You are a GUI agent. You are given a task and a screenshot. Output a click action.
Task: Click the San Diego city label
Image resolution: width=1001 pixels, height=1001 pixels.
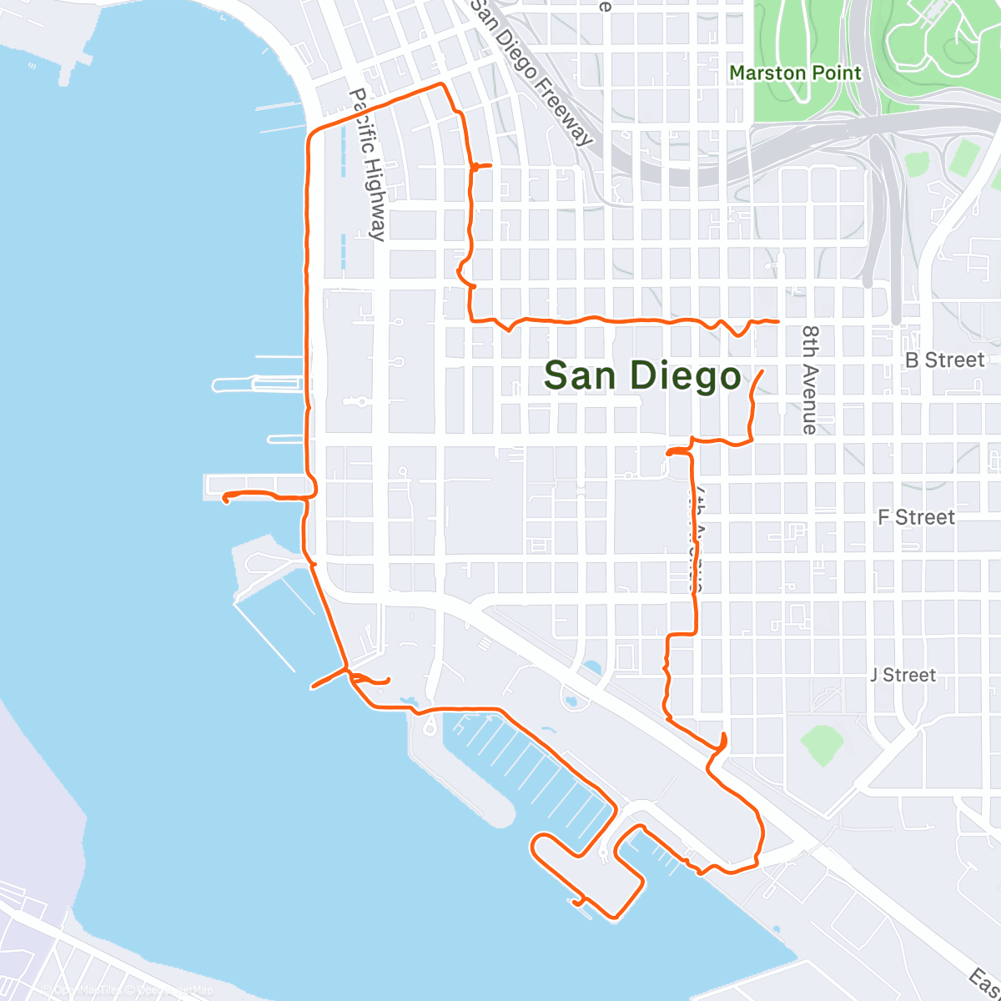(x=642, y=376)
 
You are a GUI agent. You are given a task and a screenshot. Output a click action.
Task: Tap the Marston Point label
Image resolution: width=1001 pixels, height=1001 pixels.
(x=795, y=73)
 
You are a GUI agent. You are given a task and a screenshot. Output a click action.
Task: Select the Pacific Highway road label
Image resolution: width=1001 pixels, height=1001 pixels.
(x=368, y=164)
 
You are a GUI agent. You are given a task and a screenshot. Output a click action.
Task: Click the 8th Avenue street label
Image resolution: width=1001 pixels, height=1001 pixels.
(x=810, y=380)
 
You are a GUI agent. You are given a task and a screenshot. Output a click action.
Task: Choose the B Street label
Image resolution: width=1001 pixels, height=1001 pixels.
(x=945, y=360)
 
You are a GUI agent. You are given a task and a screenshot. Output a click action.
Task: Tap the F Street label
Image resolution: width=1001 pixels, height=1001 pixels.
(x=916, y=518)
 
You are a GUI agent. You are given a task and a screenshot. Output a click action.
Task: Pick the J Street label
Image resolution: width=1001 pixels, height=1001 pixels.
(x=903, y=675)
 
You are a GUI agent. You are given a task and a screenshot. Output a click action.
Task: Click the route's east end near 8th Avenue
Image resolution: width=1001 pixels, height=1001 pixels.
(x=777, y=320)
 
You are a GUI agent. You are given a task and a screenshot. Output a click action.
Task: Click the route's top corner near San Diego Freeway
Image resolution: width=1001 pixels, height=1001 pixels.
(x=442, y=84)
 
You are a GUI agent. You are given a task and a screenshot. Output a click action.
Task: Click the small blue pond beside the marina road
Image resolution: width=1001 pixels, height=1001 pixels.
(x=592, y=667)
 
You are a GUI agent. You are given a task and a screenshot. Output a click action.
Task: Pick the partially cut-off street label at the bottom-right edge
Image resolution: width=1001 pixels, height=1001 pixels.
(x=984, y=978)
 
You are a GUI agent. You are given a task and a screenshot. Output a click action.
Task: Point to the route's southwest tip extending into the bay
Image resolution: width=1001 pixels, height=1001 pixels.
(x=313, y=687)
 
